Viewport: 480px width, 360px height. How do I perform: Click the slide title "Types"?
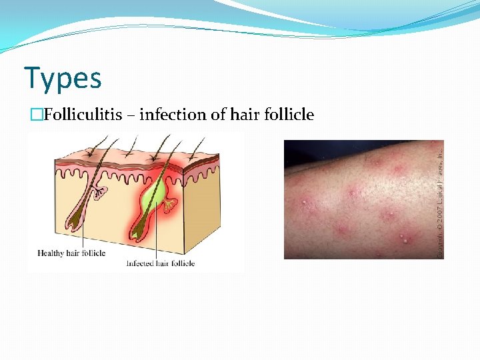pos(63,78)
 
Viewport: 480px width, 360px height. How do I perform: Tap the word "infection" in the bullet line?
pos(173,115)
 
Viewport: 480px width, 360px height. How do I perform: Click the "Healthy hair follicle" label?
pos(71,253)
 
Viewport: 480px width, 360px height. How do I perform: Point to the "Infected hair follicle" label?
pos(160,263)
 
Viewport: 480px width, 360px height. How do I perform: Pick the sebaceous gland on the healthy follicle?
pos(100,193)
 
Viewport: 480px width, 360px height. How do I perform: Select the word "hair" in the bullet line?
pos(245,115)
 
